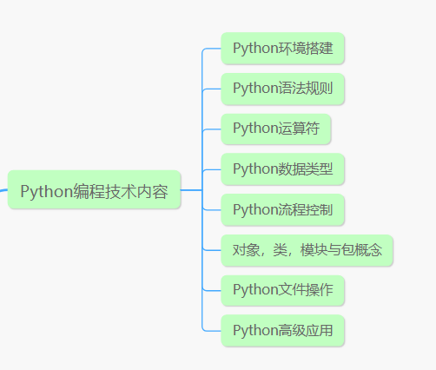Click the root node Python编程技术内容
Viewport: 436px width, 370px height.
(94, 189)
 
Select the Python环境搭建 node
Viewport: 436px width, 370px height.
(282, 48)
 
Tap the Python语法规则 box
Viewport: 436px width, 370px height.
(282, 89)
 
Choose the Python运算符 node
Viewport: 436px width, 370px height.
(276, 129)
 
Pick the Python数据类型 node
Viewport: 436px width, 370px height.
(282, 169)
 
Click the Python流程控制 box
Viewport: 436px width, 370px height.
(282, 209)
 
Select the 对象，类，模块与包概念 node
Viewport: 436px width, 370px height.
(307, 250)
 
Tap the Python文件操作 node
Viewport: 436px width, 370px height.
(282, 290)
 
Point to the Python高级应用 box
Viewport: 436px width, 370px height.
(282, 330)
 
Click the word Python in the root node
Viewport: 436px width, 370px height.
(46, 192)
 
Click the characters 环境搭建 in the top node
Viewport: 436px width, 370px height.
(306, 48)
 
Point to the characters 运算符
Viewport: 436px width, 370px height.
(299, 129)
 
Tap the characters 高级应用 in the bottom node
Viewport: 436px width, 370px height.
(306, 330)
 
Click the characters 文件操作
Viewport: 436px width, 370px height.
(306, 290)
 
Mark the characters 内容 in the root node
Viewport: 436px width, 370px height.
(152, 191)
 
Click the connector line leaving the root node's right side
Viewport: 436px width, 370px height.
(191, 190)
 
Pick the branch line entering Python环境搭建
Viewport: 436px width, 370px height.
(211, 49)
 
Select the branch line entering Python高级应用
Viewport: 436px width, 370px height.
(211, 331)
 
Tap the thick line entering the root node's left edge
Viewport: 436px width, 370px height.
(3, 190)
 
